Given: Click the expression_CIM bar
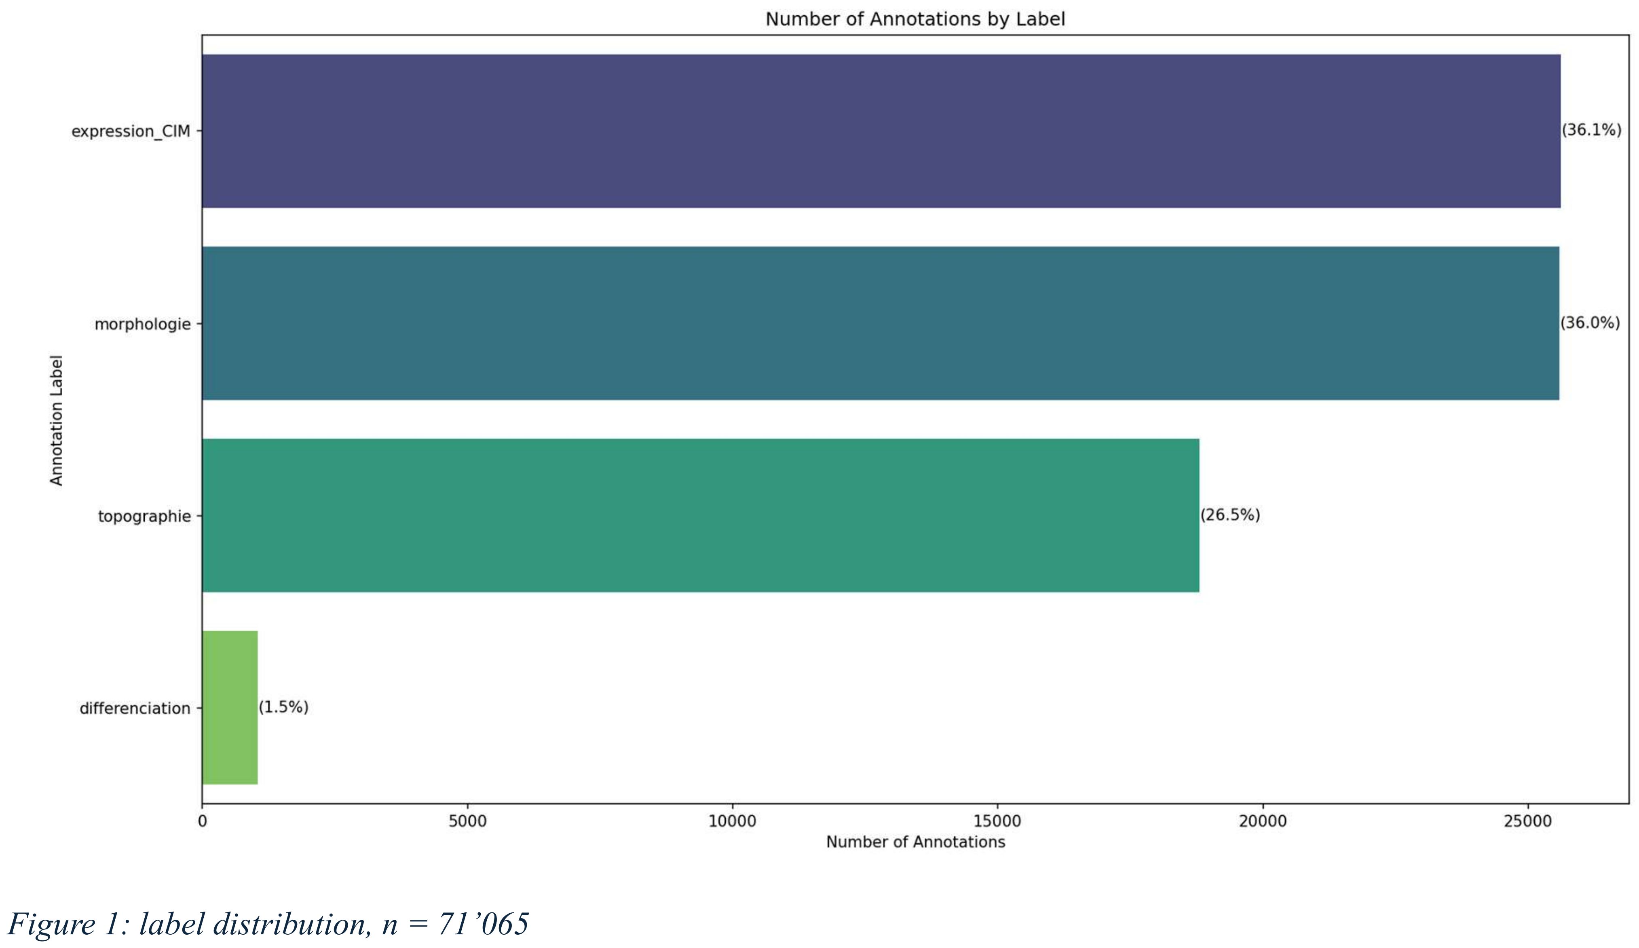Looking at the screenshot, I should coord(881,131).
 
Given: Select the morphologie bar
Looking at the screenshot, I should coord(880,323).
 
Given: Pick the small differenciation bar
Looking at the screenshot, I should coord(230,707).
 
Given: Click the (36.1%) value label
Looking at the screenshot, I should coord(1592,130).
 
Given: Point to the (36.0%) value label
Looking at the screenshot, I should coord(1590,323).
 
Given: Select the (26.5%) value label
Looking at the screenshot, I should coord(1230,515).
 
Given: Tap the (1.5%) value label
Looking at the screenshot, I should coord(283,707).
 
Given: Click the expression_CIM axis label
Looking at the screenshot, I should coord(131,131).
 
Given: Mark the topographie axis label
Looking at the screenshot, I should coord(144,516).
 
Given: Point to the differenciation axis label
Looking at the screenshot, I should coord(135,708).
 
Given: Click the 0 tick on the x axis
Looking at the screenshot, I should coord(202,821).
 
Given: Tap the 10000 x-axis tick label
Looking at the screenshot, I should coord(732,821).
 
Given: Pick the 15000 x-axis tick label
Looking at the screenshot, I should coord(997,821).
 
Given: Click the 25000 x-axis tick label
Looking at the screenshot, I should coord(1527,821).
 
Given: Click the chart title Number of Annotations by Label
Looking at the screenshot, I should coord(915,19).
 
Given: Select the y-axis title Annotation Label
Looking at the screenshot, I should coord(57,420).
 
